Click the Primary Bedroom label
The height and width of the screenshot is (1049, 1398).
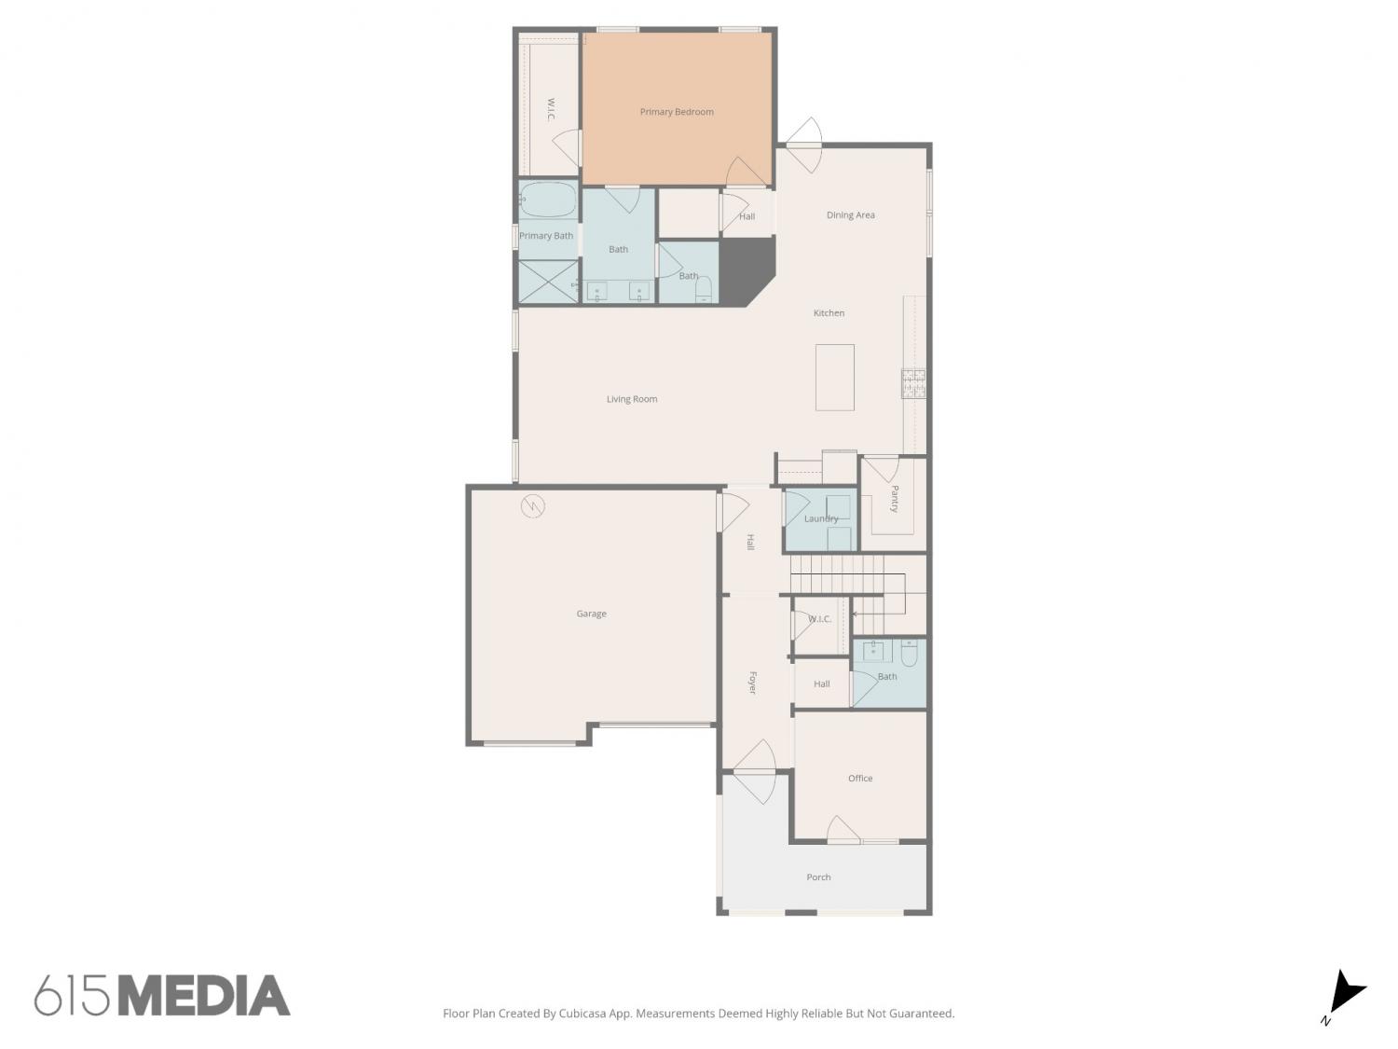(677, 112)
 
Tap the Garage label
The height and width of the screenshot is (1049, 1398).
(591, 614)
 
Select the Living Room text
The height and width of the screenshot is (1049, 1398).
(632, 399)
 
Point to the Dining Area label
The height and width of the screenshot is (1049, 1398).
(850, 215)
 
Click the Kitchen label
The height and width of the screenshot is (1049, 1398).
(829, 312)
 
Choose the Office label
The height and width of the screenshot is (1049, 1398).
(860, 779)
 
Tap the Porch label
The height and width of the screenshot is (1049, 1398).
(818, 877)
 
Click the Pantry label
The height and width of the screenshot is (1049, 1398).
(894, 499)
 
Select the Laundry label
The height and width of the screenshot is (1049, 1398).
(821, 518)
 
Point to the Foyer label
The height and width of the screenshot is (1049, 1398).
(752, 683)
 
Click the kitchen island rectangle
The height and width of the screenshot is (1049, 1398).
(834, 378)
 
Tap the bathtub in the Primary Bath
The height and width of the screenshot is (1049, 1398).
(548, 200)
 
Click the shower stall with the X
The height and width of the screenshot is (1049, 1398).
(548, 281)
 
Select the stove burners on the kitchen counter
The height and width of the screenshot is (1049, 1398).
(913, 383)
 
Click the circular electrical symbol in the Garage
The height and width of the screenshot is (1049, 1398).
(532, 506)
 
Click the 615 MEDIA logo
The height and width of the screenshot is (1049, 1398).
(162, 995)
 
